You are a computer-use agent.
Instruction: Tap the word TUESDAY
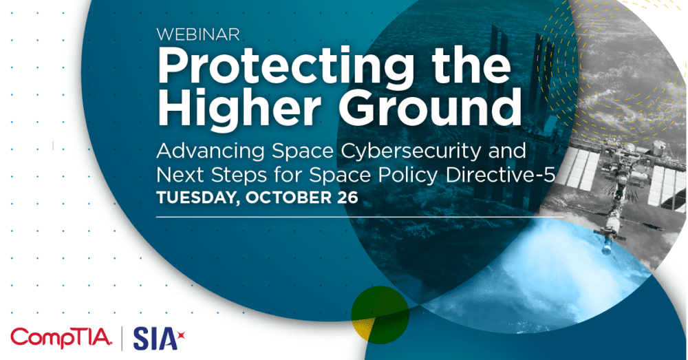[193, 198]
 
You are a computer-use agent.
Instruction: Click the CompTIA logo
[61, 337]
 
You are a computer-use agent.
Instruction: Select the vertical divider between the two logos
[122, 337]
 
